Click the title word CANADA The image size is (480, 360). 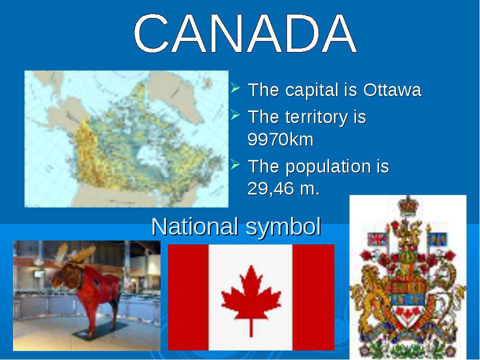(x=245, y=33)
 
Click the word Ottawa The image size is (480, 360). (x=392, y=89)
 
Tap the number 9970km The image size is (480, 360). (x=280, y=139)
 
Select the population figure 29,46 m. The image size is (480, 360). (x=283, y=188)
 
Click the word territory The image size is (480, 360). (x=316, y=117)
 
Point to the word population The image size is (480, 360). (x=328, y=167)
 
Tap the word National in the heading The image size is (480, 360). (x=194, y=226)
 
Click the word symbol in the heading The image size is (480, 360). (x=283, y=227)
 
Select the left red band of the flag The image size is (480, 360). (x=188, y=297)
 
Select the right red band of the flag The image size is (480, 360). (x=313, y=297)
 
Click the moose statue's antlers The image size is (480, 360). (x=75, y=253)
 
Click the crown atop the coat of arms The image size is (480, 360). (x=408, y=205)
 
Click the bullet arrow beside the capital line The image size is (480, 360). (x=235, y=87)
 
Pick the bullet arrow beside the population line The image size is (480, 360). (x=235, y=164)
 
